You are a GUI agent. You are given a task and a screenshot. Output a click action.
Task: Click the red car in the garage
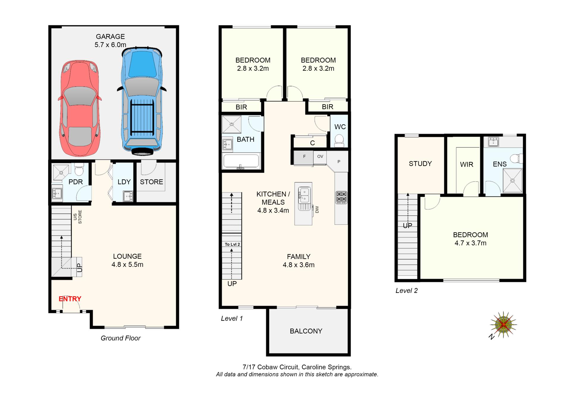(79, 108)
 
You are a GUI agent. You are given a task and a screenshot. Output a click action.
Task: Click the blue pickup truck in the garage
(142, 101)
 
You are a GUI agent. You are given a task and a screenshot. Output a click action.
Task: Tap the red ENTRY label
(70, 299)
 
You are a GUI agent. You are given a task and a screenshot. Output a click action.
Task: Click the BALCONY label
(306, 331)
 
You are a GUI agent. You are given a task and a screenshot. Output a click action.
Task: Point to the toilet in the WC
(339, 140)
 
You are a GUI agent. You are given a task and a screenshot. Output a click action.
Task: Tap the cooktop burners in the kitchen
(341, 197)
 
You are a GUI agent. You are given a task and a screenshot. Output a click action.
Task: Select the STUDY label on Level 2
(420, 163)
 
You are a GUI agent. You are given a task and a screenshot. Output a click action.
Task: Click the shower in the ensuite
(512, 180)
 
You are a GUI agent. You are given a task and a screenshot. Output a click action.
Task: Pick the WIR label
(466, 164)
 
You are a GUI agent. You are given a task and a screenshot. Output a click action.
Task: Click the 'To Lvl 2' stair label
(232, 244)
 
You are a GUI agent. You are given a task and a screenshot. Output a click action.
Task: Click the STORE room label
(151, 182)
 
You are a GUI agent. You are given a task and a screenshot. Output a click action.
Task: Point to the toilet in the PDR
(79, 170)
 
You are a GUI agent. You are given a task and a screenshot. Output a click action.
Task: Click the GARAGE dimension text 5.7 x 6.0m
(110, 45)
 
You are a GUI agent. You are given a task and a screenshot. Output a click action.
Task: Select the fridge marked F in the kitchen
(304, 158)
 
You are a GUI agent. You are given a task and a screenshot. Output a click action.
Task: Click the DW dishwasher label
(317, 210)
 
